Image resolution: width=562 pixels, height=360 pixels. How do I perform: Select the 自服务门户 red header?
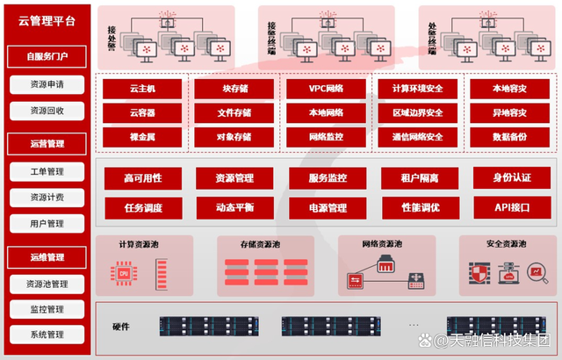[47, 56]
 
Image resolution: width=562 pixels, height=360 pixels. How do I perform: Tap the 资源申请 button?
[47, 84]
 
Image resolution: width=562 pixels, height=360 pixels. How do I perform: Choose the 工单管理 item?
[47, 171]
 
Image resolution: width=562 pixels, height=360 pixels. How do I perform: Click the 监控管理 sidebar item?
[47, 309]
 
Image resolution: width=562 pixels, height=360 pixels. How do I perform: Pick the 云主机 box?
[142, 89]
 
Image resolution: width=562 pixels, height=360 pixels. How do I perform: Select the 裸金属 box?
[142, 137]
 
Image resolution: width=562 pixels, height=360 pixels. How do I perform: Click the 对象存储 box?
[234, 137]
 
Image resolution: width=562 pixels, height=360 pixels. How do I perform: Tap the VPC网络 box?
[326, 89]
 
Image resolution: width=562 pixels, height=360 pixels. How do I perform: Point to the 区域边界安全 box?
[418, 113]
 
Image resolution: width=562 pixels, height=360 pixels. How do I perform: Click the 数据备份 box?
[509, 137]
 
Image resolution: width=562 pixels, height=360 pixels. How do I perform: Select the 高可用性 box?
[142, 178]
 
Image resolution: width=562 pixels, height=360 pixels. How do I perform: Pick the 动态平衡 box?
[234, 208]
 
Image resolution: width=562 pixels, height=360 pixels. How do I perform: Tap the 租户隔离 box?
[419, 178]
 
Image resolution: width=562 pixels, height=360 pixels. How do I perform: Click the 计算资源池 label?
[143, 243]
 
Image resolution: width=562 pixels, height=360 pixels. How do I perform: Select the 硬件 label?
[121, 327]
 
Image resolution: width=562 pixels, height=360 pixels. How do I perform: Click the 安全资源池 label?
[506, 243]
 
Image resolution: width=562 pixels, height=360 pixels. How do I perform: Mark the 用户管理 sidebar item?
[47, 224]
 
